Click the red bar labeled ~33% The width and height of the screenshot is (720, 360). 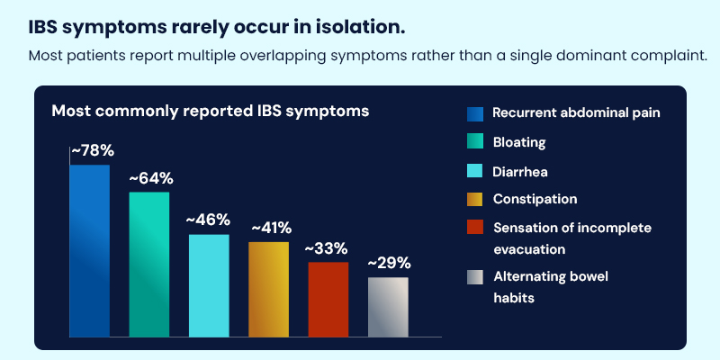point(328,299)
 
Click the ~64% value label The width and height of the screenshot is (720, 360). point(150,178)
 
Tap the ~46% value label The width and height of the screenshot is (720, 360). point(208,220)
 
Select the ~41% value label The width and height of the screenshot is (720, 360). point(270,228)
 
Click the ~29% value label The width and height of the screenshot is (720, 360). point(389,263)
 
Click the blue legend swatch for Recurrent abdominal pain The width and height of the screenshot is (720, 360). point(475,113)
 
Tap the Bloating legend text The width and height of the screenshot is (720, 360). point(519,142)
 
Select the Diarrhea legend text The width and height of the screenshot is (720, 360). point(520,170)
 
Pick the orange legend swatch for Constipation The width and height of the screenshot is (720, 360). point(475,199)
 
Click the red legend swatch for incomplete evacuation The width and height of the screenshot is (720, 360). point(475,228)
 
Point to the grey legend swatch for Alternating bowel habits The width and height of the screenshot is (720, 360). point(475,277)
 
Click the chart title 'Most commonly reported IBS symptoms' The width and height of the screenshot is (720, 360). point(210,111)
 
